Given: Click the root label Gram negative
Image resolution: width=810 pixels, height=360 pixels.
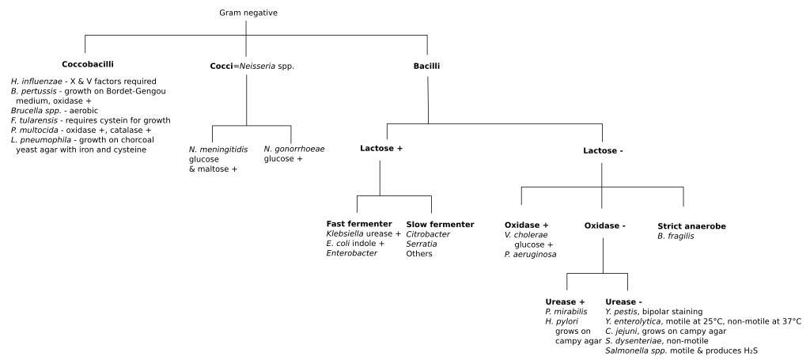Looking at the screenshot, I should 248,13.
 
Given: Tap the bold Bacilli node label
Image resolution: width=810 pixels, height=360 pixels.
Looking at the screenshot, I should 427,66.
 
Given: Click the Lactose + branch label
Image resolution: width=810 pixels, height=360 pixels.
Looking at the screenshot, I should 381,148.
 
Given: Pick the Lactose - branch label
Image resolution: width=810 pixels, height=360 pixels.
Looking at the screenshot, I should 603,150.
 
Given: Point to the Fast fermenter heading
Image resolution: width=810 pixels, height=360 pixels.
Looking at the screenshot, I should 359,224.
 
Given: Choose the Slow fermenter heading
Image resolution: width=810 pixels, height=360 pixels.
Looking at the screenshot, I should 440,224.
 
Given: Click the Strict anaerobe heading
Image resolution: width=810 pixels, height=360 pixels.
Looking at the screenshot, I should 691,225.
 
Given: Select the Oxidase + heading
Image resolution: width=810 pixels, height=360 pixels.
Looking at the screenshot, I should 527,225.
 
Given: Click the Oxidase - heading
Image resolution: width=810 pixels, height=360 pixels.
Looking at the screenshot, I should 605,225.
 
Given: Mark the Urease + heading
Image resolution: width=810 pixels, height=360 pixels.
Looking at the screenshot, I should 565,301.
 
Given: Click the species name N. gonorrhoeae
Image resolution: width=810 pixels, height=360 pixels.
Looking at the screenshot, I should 294,149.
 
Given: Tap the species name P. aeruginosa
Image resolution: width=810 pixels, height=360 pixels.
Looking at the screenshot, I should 530,254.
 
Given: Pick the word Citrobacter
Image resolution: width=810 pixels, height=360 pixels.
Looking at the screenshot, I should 428,234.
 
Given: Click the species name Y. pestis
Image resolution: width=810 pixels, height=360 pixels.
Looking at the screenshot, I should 623,312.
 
